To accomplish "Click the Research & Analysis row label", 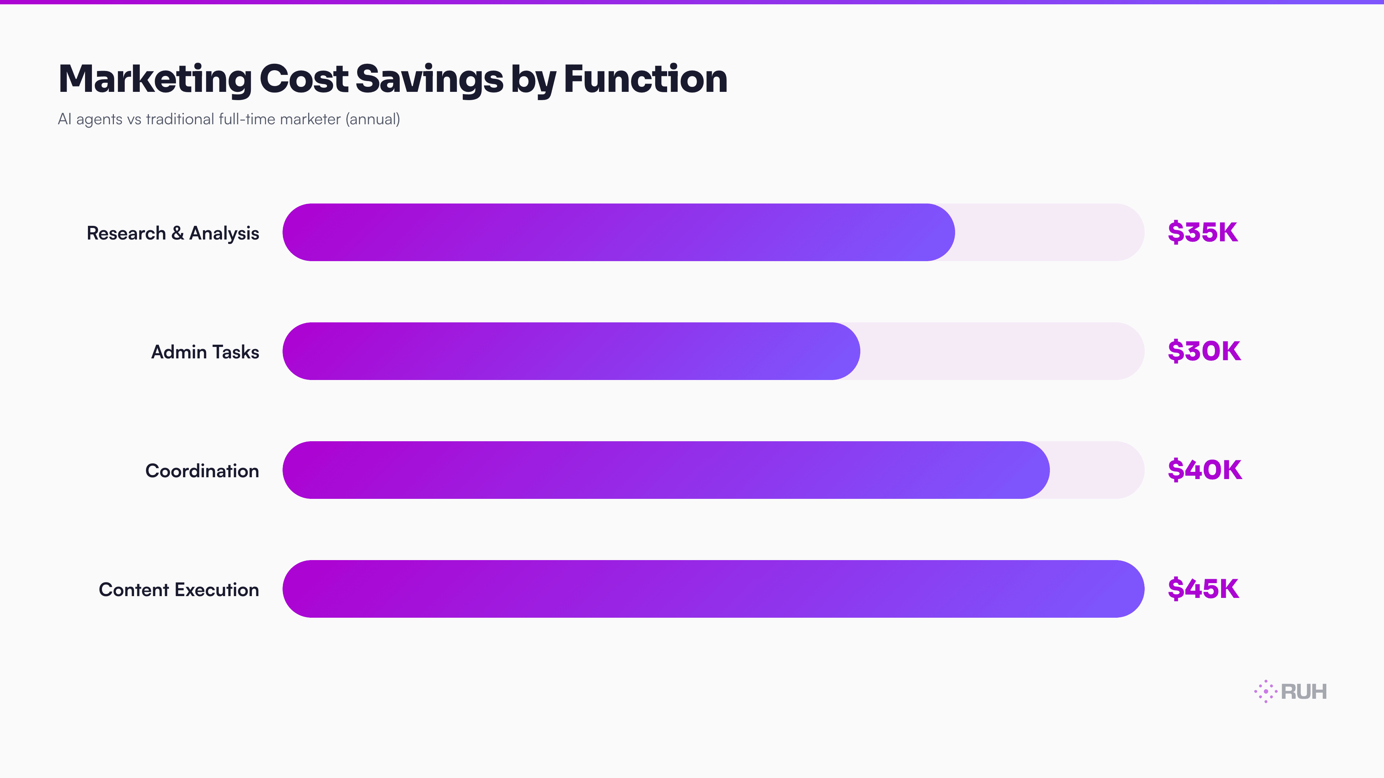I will (173, 233).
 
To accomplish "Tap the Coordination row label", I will (202, 471).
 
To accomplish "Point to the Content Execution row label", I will (178, 590).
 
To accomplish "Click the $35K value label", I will (1202, 232).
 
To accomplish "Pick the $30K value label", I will (1204, 351).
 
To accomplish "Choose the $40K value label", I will (1205, 470).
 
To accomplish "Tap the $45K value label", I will (1203, 589).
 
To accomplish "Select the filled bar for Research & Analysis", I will (618, 232).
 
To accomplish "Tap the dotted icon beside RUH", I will (1265, 692).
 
